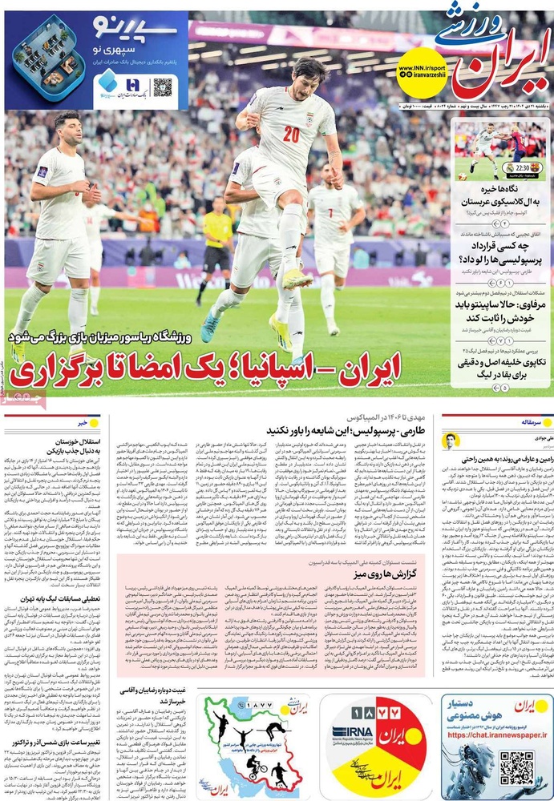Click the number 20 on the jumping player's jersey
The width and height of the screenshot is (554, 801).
(x=290, y=133)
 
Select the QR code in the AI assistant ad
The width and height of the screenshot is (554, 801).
(x=516, y=767)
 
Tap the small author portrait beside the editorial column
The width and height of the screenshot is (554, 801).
(x=451, y=441)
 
